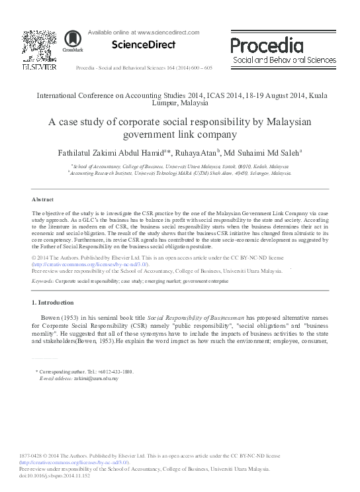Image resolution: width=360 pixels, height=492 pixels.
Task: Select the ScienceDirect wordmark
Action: (x=138, y=45)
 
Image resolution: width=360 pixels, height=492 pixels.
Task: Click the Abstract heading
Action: (x=42, y=199)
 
